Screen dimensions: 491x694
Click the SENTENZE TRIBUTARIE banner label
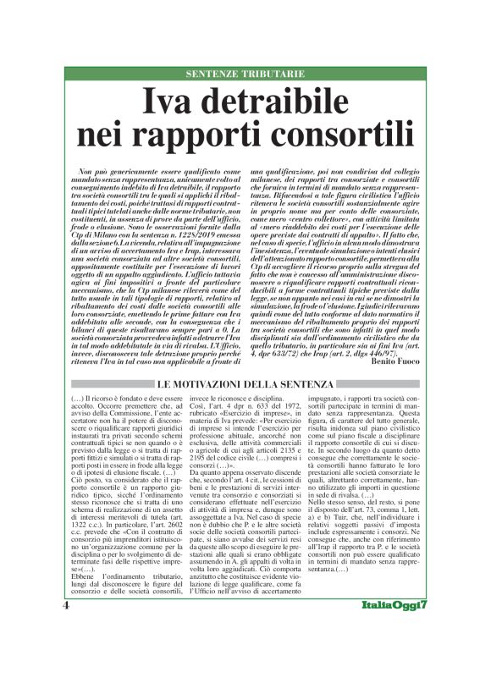(245, 74)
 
